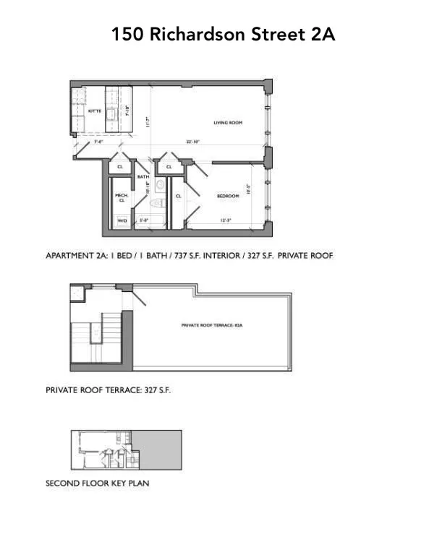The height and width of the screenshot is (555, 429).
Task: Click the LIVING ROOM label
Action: pyautogui.click(x=227, y=123)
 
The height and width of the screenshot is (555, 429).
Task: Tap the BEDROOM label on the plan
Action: pyautogui.click(x=228, y=196)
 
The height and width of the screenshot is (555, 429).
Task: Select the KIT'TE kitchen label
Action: pyautogui.click(x=95, y=111)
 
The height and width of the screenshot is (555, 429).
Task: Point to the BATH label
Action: pyautogui.click(x=143, y=177)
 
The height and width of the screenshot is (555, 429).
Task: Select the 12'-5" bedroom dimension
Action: pyautogui.click(x=225, y=220)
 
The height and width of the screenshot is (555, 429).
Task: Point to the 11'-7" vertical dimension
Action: pyautogui.click(x=146, y=123)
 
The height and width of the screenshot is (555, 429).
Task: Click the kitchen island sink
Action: pyautogui.click(x=112, y=113)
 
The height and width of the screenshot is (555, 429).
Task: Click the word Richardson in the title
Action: pyautogui.click(x=203, y=34)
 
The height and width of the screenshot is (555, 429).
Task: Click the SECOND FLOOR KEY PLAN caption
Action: pyautogui.click(x=97, y=483)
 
